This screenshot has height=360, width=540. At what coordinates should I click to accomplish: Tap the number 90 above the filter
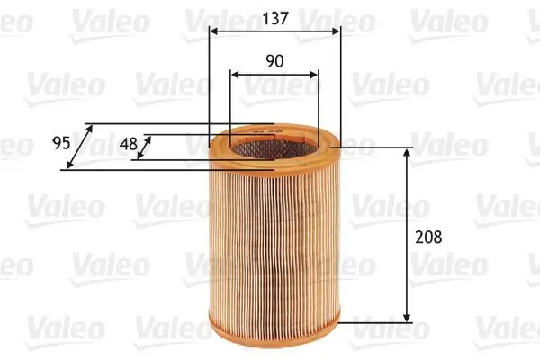pos(274,61)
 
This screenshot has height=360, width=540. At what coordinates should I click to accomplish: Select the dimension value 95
pos(61,143)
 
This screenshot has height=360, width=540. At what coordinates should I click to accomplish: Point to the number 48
pos(129,142)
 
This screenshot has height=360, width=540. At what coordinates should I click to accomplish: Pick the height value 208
pos(429,238)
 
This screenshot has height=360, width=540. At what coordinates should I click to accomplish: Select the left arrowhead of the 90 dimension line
pos(234,76)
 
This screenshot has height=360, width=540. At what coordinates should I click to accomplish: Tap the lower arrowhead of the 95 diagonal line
pos(70,166)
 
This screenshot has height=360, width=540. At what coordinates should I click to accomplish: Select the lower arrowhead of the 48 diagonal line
pos(138,159)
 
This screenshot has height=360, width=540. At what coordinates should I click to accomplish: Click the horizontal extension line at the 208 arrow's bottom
pos(378,322)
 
